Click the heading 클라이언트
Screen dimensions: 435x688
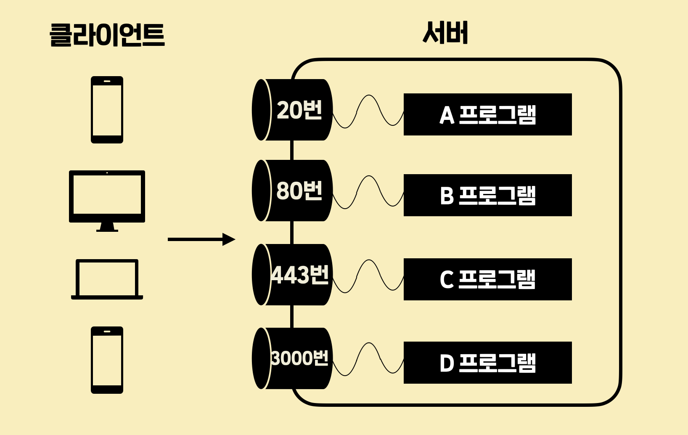click(x=107, y=34)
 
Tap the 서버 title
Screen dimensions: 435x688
click(x=445, y=32)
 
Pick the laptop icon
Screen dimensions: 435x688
click(x=107, y=279)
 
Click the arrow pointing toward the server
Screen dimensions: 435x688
click(x=201, y=239)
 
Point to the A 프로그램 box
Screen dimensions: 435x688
click(x=487, y=114)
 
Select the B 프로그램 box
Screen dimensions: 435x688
click(x=487, y=195)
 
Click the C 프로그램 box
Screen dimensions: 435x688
click(x=487, y=279)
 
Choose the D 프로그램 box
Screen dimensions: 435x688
click(x=487, y=363)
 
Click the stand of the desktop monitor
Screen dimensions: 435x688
click(x=107, y=228)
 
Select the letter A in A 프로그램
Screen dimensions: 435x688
click(x=447, y=115)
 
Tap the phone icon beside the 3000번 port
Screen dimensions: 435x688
click(x=107, y=360)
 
